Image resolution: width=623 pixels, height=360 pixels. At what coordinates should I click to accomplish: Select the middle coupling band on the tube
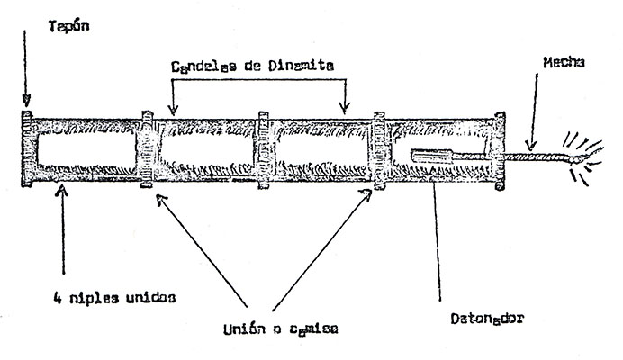tap(262, 150)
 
